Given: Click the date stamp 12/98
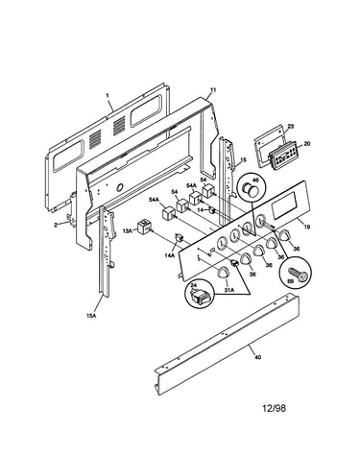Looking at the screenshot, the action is tap(275, 408).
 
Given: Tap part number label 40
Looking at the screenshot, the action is tap(258, 357).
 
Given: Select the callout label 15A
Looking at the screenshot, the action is tap(91, 316).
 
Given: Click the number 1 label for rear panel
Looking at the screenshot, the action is tap(108, 95).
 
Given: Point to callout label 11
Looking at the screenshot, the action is tap(213, 90).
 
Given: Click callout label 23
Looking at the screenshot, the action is tap(290, 126).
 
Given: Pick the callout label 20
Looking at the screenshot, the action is tap(307, 144).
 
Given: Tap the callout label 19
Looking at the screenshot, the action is tap(307, 227).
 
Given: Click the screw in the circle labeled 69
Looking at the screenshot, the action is tap(298, 275).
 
